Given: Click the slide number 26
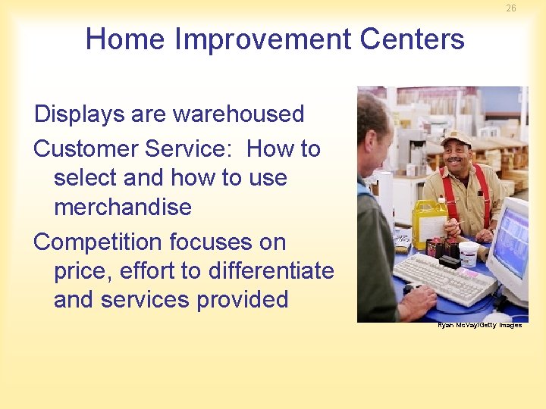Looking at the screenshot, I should click(x=511, y=8).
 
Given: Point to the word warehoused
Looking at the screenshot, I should click(x=238, y=114).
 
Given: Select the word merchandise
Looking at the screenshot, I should click(x=122, y=207).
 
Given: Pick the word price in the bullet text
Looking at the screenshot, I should click(x=83, y=271).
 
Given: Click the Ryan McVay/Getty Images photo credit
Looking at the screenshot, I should click(x=479, y=325).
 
